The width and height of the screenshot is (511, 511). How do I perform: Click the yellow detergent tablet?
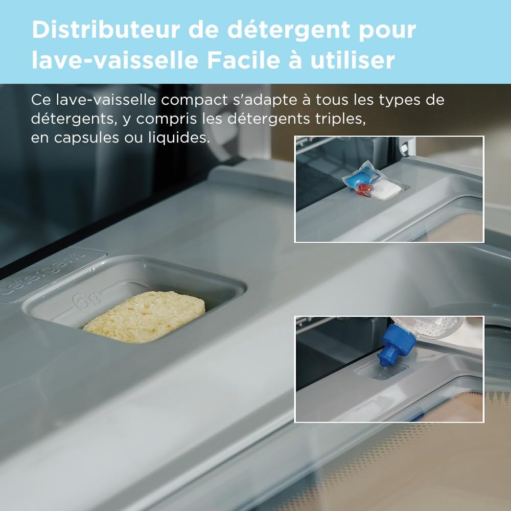tap(145, 316)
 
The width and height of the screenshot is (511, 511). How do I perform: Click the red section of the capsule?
tap(365, 191)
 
